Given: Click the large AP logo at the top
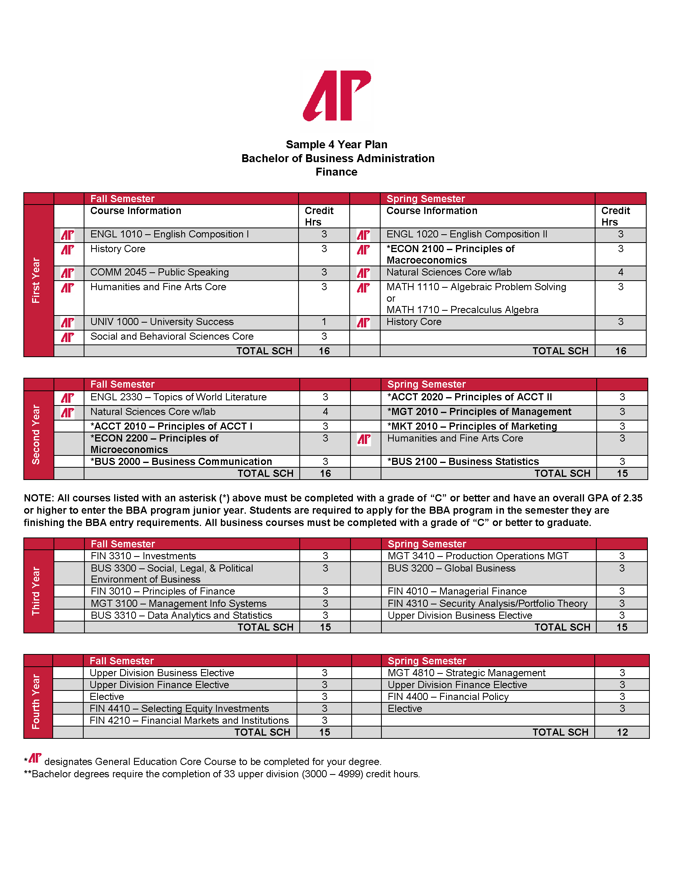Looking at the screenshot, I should click(x=337, y=96).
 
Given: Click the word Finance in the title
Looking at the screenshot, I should click(x=336, y=172).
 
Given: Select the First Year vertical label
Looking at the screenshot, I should click(x=36, y=280).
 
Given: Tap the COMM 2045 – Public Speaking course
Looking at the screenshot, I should click(x=159, y=272).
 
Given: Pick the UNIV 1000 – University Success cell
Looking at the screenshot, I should click(x=162, y=322).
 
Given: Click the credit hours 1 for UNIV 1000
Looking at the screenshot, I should click(x=324, y=322).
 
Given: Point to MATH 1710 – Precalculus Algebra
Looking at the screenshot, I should click(x=462, y=310).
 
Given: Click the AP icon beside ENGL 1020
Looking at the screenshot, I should click(x=363, y=235).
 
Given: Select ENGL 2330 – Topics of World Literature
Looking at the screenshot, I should click(x=178, y=397).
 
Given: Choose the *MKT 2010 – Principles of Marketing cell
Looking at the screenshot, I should click(x=472, y=426).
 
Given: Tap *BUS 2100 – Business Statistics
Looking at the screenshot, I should click(x=463, y=461).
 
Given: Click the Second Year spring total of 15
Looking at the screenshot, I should click(x=622, y=474).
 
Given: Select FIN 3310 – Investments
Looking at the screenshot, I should click(x=144, y=556).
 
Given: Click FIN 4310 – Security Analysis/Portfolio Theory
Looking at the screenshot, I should click(x=487, y=603).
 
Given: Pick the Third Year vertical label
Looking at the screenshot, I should click(x=36, y=591).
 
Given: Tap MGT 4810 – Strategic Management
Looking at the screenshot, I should click(x=466, y=673).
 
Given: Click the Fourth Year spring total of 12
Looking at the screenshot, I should click(x=622, y=732).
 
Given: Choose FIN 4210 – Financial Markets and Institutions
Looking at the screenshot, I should click(x=189, y=721).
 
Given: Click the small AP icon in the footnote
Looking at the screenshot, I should click(x=35, y=758).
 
